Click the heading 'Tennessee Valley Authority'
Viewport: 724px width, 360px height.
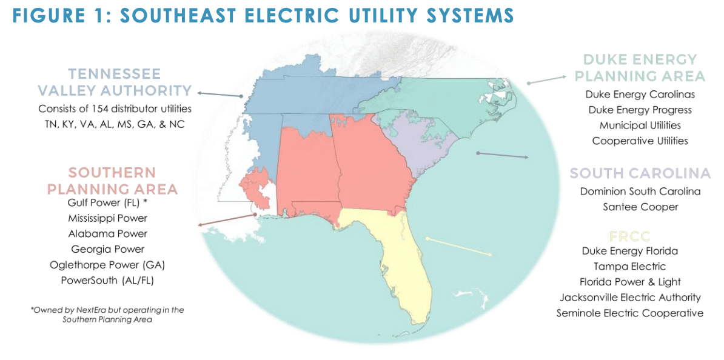click(114, 82)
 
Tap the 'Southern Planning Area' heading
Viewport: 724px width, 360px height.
click(112, 181)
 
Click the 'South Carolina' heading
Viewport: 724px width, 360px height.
click(640, 173)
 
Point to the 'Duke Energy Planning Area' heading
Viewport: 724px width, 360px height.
click(640, 68)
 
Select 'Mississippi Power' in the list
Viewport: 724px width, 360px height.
click(107, 218)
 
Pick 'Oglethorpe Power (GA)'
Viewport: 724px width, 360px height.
click(107, 265)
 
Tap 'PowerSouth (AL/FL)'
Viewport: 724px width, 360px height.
click(107, 281)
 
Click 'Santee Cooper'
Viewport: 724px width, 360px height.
click(640, 207)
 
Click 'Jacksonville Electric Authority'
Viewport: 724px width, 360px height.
click(631, 298)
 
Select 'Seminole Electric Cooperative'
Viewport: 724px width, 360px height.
click(631, 313)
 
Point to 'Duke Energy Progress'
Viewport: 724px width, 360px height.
click(640, 110)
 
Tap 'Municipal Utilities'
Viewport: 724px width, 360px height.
click(640, 125)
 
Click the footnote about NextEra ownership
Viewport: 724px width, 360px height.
click(107, 315)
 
